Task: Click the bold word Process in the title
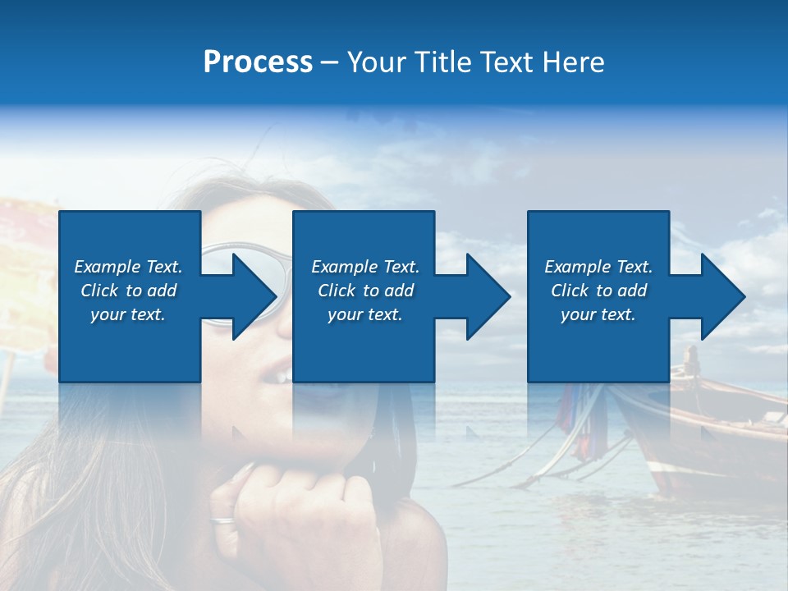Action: (x=258, y=62)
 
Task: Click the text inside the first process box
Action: (x=128, y=291)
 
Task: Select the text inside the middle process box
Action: (x=364, y=291)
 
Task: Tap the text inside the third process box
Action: (x=598, y=291)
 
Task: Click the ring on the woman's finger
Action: (x=222, y=519)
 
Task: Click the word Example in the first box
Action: (x=107, y=267)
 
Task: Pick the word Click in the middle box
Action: (x=336, y=291)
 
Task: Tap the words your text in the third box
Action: (x=598, y=314)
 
